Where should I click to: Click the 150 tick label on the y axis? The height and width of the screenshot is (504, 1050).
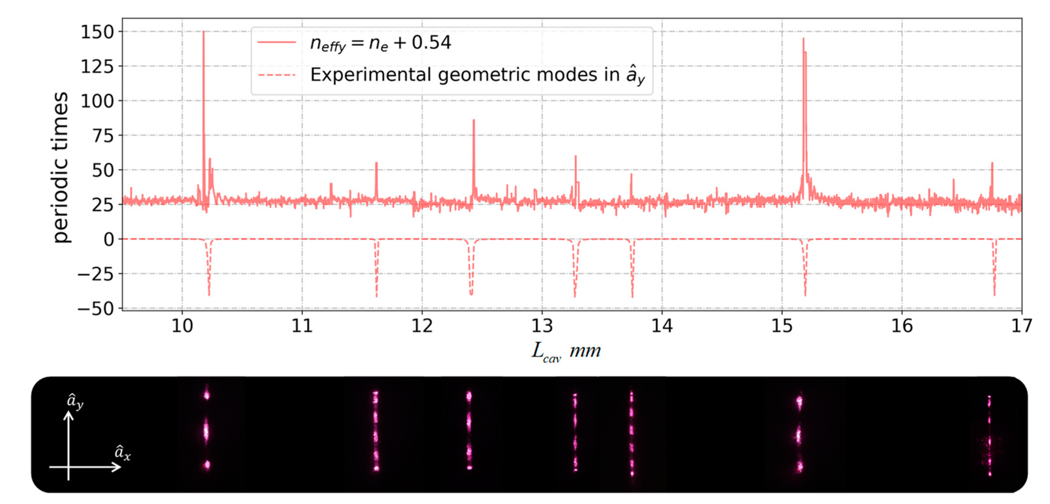(97, 32)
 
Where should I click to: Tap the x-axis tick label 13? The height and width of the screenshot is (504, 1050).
(542, 326)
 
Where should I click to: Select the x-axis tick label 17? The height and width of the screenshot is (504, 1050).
(1022, 326)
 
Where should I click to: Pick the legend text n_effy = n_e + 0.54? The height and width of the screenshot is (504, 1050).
(380, 43)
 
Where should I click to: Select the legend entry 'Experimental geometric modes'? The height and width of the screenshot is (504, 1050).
(477, 75)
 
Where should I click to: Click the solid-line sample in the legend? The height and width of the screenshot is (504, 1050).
(277, 42)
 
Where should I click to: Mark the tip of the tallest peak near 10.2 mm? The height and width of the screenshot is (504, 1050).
(203, 32)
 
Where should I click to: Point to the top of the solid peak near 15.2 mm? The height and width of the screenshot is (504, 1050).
(803, 39)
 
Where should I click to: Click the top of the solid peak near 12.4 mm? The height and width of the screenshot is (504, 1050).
(474, 120)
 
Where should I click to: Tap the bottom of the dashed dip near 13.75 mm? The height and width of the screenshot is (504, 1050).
(632, 296)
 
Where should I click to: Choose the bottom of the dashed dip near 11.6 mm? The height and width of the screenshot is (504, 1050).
(377, 296)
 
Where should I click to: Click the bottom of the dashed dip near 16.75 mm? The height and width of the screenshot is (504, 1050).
(995, 295)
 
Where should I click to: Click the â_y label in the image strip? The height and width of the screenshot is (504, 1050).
(75, 401)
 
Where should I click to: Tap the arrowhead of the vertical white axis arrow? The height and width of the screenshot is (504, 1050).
(69, 414)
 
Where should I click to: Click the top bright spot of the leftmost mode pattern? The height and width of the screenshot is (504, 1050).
(207, 394)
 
